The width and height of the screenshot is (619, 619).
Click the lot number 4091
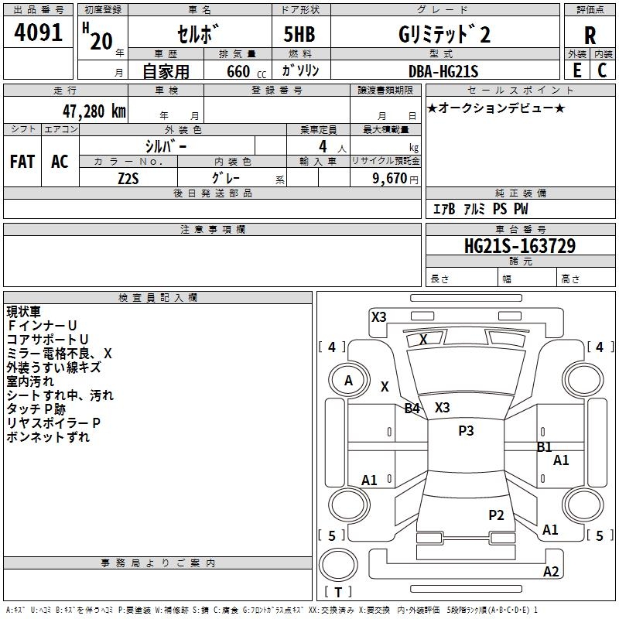[x=38, y=32]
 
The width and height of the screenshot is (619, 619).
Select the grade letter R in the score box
[x=590, y=36]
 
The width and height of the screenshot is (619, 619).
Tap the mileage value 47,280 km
[x=94, y=111]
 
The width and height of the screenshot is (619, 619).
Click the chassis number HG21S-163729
[x=520, y=246]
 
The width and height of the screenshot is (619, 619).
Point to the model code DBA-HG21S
[x=443, y=71]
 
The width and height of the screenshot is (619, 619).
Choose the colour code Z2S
[x=128, y=179]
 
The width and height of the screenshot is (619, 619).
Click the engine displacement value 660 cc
[x=246, y=72]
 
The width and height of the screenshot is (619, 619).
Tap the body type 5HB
[x=299, y=34]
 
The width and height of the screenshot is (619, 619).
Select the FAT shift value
[x=22, y=162]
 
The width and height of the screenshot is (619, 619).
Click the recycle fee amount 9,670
[x=390, y=179]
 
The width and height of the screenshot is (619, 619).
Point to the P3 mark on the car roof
[x=466, y=430]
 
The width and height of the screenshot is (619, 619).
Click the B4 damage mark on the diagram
[x=412, y=408]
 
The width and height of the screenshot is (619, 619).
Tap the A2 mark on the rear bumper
[x=551, y=571]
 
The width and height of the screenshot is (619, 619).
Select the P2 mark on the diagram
[x=496, y=515]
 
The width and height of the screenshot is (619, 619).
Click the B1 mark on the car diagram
[x=545, y=447]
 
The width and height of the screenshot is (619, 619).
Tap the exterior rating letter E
[x=576, y=70]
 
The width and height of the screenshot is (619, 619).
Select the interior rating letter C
[x=602, y=70]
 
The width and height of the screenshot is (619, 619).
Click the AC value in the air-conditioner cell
[x=60, y=162]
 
